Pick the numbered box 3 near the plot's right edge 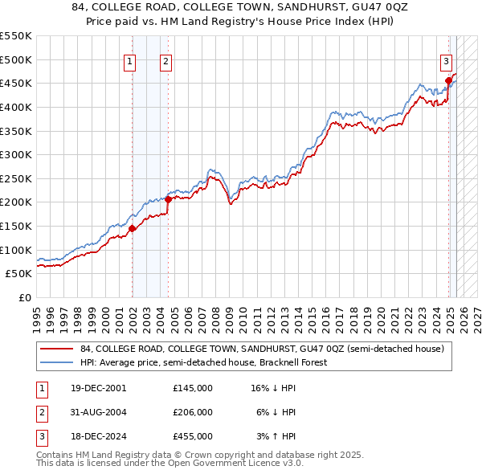pyautogui.click(x=446, y=60)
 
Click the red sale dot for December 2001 pyautogui.click(x=133, y=229)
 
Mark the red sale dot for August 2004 pyautogui.click(x=168, y=199)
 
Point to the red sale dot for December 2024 pyautogui.click(x=449, y=80)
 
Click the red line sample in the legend pyautogui.click(x=57, y=349)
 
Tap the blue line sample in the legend pyautogui.click(x=57, y=362)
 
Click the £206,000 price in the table pyautogui.click(x=193, y=412)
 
